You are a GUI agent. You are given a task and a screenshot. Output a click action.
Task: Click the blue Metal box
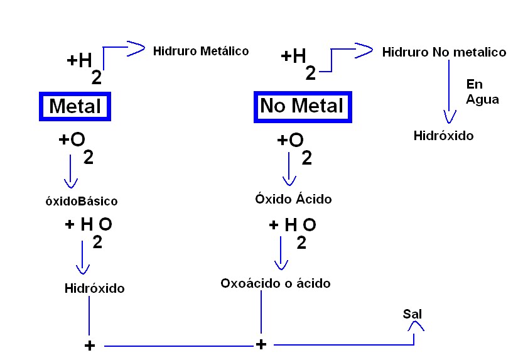pyautogui.click(x=75, y=106)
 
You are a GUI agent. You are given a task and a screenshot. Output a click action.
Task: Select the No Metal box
pyautogui.click(x=302, y=106)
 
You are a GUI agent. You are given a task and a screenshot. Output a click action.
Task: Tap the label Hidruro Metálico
pyautogui.click(x=201, y=51)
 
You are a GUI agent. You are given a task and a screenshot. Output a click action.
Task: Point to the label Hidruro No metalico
pyautogui.click(x=444, y=52)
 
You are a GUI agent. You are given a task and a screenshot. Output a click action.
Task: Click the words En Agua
pyautogui.click(x=482, y=92)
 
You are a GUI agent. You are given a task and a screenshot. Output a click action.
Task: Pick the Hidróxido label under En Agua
pyautogui.click(x=443, y=135)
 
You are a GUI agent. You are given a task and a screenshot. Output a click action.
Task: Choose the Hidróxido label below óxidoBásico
pyautogui.click(x=94, y=288)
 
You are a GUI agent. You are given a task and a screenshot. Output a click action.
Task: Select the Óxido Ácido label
pyautogui.click(x=293, y=199)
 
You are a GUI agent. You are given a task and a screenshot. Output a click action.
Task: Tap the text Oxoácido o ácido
pyautogui.click(x=275, y=283)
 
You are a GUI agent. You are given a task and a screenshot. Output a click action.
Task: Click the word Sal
pyautogui.click(x=412, y=313)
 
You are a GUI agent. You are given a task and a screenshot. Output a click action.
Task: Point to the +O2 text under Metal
pyautogui.click(x=76, y=146)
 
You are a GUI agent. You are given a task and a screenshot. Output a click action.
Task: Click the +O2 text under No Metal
pyautogui.click(x=294, y=147)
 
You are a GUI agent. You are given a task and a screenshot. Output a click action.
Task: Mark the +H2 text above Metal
pyautogui.click(x=84, y=66)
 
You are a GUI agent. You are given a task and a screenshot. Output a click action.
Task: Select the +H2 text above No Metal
pyautogui.click(x=298, y=62)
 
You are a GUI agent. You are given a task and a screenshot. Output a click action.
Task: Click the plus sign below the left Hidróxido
pyautogui.click(x=90, y=346)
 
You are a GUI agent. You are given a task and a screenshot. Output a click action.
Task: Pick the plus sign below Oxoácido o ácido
pyautogui.click(x=261, y=344)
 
